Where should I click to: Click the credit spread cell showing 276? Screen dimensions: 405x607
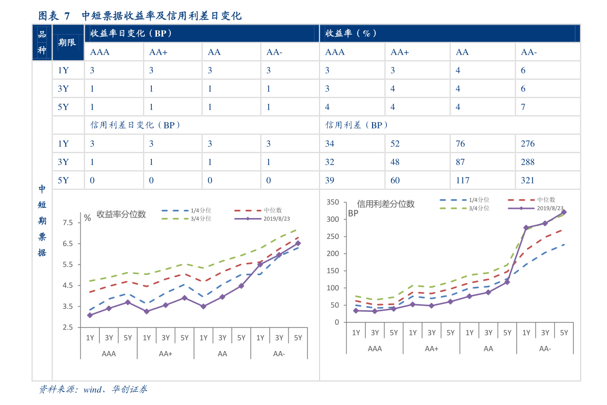click(527, 144)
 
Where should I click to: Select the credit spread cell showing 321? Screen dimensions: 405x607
click(527, 180)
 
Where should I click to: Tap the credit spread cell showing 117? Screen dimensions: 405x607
click(463, 180)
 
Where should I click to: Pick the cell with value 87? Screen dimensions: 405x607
click(460, 162)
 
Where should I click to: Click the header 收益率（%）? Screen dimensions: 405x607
click(351, 34)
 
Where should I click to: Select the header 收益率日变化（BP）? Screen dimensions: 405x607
click(131, 34)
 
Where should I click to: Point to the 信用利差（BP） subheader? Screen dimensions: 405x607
click(357, 125)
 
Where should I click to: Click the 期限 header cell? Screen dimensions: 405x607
click(67, 42)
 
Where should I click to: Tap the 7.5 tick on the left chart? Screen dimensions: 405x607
click(68, 223)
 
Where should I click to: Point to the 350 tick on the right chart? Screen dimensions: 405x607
click(332, 202)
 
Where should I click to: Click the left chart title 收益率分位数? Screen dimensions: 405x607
click(121, 214)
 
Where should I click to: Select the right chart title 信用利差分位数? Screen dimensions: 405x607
click(386, 204)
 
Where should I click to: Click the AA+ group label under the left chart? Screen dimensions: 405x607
click(166, 354)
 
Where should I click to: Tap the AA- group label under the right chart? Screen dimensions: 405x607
click(545, 349)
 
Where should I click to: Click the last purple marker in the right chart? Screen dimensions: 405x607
click(564, 212)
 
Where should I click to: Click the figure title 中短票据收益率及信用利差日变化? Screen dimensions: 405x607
click(161, 16)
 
